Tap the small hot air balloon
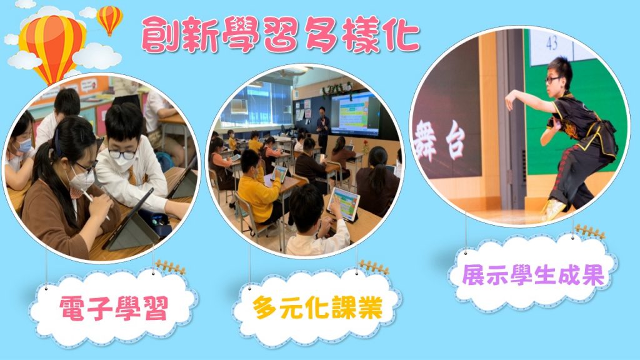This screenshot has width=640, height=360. [x=109, y=19]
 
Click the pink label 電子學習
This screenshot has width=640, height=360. [x=114, y=307]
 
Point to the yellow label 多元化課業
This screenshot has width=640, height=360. [x=317, y=307]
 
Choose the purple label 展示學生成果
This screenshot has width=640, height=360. [x=533, y=275]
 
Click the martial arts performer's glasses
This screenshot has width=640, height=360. [x=554, y=79]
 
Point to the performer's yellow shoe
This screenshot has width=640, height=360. [x=552, y=209]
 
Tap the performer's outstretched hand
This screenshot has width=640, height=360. [x=510, y=101]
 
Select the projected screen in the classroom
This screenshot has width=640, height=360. [x=355, y=115]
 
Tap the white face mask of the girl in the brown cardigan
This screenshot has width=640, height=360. [x=81, y=180]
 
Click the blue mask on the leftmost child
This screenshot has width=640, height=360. [x=24, y=145]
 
